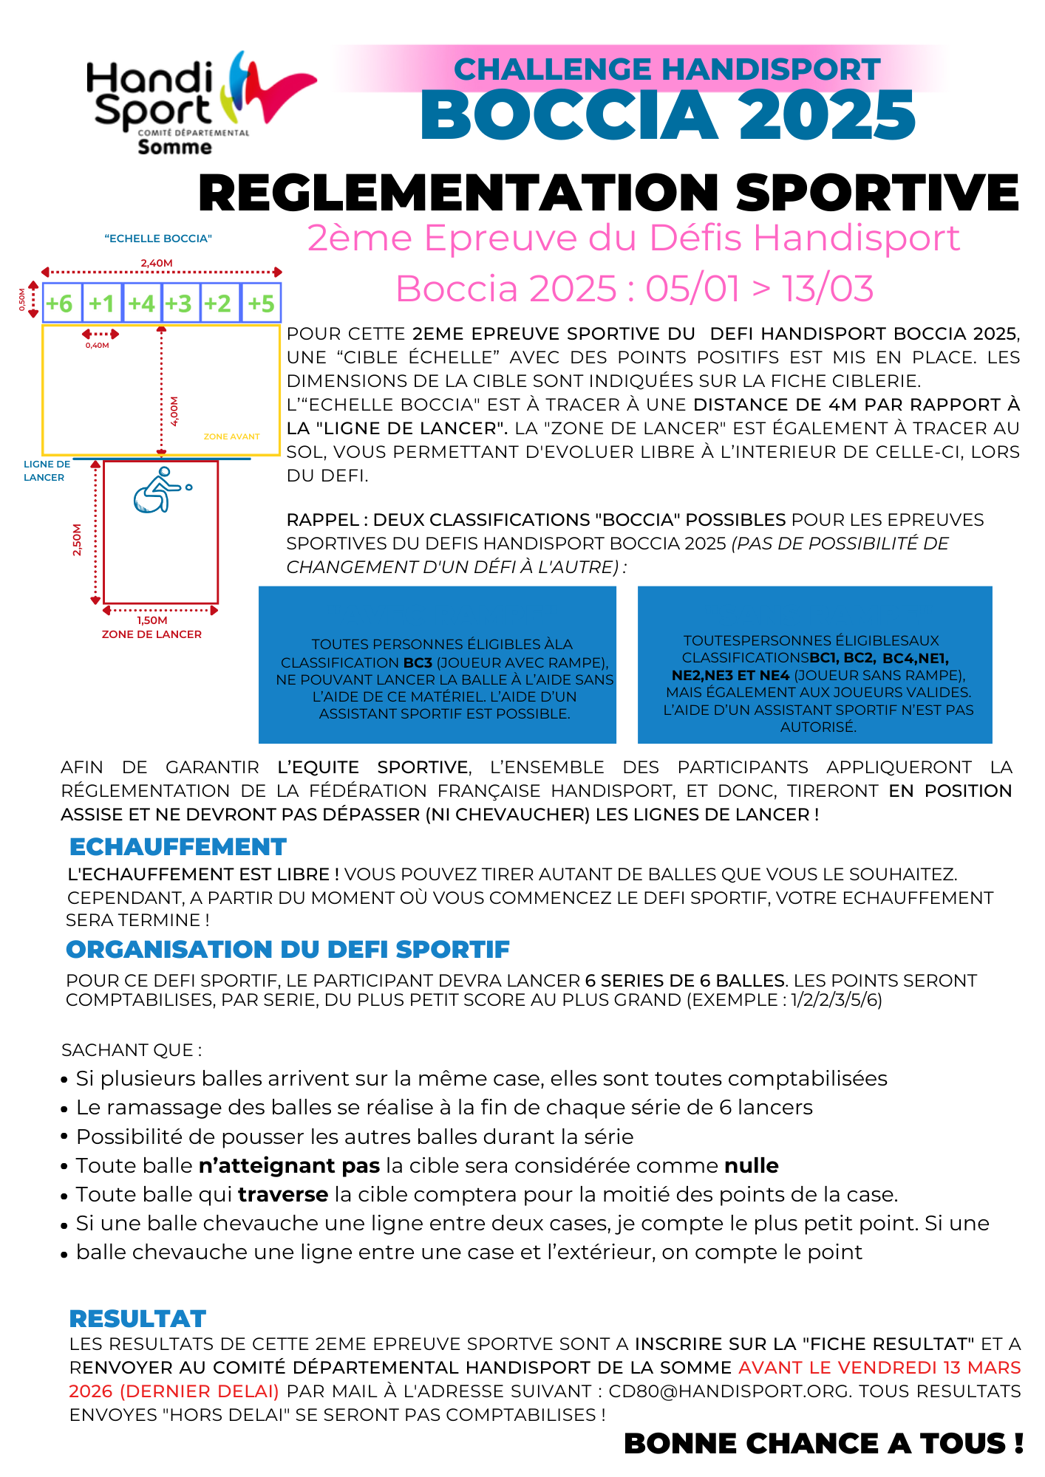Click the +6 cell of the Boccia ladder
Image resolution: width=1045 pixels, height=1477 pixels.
pyautogui.click(x=61, y=304)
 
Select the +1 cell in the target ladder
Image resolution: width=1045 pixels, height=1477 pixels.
pyautogui.click(x=102, y=304)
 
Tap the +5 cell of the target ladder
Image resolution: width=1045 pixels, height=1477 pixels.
pyautogui.click(x=261, y=304)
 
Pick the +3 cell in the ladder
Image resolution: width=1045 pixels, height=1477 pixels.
pyautogui.click(x=179, y=304)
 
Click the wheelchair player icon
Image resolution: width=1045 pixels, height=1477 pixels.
pyautogui.click(x=161, y=490)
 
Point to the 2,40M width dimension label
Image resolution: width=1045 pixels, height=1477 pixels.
pyautogui.click(x=157, y=263)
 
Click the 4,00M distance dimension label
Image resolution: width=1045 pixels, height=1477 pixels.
pyautogui.click(x=174, y=411)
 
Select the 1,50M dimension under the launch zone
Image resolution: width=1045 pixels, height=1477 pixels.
pyautogui.click(x=152, y=620)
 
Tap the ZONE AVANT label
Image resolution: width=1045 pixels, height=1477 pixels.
pyautogui.click(x=231, y=436)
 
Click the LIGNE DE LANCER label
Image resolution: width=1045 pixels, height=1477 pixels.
pyautogui.click(x=47, y=470)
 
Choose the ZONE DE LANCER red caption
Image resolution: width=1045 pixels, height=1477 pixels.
pyautogui.click(x=152, y=634)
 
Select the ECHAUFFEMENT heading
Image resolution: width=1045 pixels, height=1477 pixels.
pyautogui.click(x=177, y=846)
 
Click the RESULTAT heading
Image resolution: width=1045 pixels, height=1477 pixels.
pyautogui.click(x=137, y=1318)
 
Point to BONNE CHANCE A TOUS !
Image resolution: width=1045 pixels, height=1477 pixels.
pyautogui.click(x=823, y=1443)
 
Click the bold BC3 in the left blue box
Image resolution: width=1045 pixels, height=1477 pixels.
pyautogui.click(x=418, y=662)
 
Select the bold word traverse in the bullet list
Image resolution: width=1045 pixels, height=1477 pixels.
pyautogui.click(x=283, y=1194)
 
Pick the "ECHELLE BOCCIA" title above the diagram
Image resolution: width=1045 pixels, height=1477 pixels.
pyautogui.click(x=158, y=239)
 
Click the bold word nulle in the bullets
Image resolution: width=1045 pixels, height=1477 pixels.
pyautogui.click(x=751, y=1165)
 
